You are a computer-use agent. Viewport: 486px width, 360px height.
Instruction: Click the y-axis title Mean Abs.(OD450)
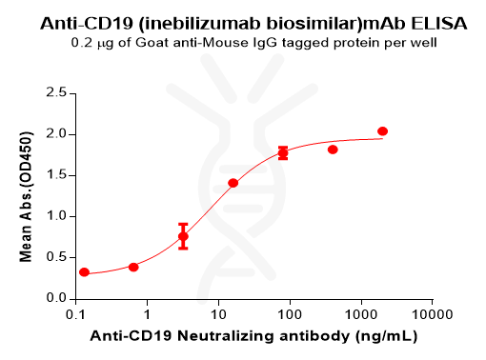pos(26,195)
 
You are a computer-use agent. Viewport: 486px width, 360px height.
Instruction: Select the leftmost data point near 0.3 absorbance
pos(84,272)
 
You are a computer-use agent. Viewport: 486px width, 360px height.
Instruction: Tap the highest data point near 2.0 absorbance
pos(382,130)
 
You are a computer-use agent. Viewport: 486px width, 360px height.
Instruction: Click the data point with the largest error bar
pos(183,236)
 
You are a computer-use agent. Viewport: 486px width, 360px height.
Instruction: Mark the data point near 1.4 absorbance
pos(233,183)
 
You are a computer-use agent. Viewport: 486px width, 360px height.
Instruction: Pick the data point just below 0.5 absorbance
pos(133,267)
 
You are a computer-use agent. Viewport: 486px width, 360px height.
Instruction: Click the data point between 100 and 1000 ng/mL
pos(333,150)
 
